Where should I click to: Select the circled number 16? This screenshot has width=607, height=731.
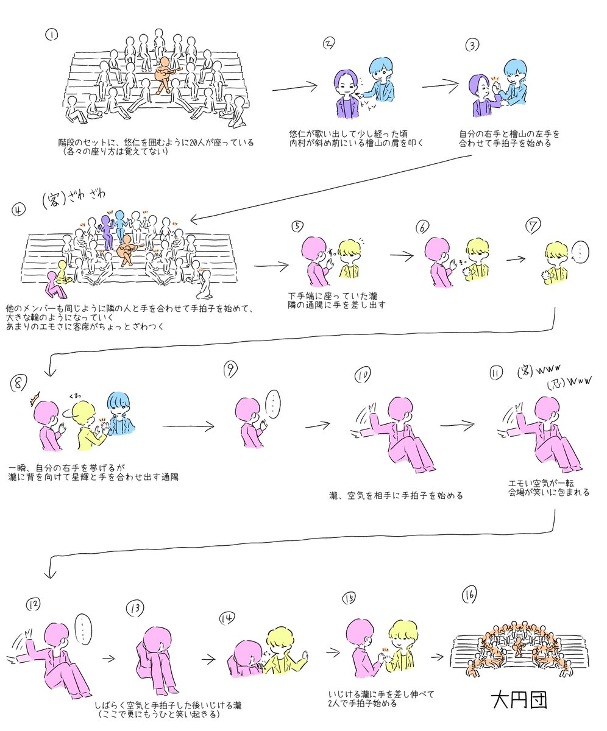click(469, 594)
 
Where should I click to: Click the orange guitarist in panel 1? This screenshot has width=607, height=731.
click(164, 74)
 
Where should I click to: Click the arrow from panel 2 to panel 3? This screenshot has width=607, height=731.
click(440, 86)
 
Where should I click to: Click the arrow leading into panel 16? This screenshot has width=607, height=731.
click(438, 657)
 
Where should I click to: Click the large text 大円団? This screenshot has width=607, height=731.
click(519, 700)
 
